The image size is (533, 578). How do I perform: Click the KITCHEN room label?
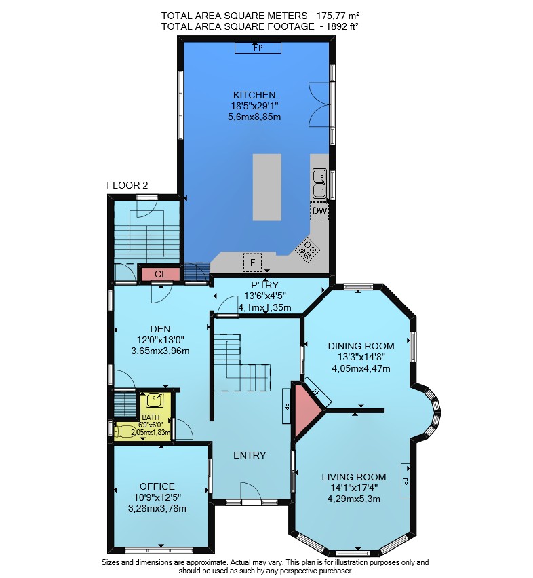(x=254, y=95)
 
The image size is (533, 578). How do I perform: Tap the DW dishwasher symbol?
(x=319, y=211)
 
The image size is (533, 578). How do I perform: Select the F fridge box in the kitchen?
(x=253, y=263)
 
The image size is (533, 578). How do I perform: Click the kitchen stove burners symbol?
(x=308, y=250)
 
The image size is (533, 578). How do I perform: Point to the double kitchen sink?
(x=319, y=184)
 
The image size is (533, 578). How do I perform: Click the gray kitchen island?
(x=267, y=187)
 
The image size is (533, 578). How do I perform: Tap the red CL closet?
(x=161, y=274)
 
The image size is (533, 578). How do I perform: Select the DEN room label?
(x=160, y=329)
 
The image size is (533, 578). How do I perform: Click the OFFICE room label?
(x=157, y=486)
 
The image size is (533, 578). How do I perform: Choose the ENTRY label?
(x=250, y=455)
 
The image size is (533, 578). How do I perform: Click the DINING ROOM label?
(x=361, y=346)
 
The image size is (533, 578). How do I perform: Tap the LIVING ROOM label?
(x=354, y=477)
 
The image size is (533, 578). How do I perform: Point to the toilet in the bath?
(x=124, y=431)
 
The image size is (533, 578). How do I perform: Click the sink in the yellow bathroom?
(x=155, y=400)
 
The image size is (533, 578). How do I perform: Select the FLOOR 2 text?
(x=127, y=185)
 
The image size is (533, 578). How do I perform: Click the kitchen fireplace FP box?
(x=258, y=48)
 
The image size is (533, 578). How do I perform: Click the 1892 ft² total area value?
(x=342, y=26)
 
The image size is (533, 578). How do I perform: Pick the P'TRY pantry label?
(x=265, y=284)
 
